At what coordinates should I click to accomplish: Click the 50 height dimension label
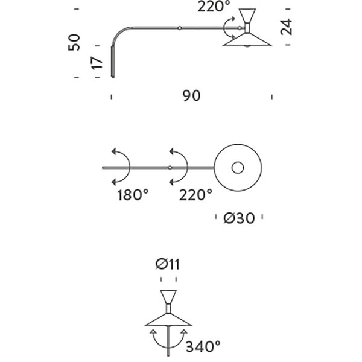74,42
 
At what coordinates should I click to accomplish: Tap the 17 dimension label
97,63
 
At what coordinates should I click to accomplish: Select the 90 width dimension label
192,96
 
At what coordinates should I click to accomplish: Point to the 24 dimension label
286,27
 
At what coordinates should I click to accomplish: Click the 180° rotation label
133,195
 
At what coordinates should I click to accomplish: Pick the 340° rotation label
203,346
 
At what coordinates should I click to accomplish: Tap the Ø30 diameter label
239,218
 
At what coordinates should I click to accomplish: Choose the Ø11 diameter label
168,265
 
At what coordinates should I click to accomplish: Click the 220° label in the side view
214,7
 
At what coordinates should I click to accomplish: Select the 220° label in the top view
195,195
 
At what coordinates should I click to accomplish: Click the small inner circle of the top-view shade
238,168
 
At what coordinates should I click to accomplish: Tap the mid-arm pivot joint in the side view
180,28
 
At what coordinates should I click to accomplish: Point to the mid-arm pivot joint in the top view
170,168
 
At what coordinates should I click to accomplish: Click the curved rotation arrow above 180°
130,167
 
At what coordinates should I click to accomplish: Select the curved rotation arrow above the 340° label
168,347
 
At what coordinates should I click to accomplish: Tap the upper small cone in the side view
247,16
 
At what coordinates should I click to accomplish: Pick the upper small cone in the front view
168,297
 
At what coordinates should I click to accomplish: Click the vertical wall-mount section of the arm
113,62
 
